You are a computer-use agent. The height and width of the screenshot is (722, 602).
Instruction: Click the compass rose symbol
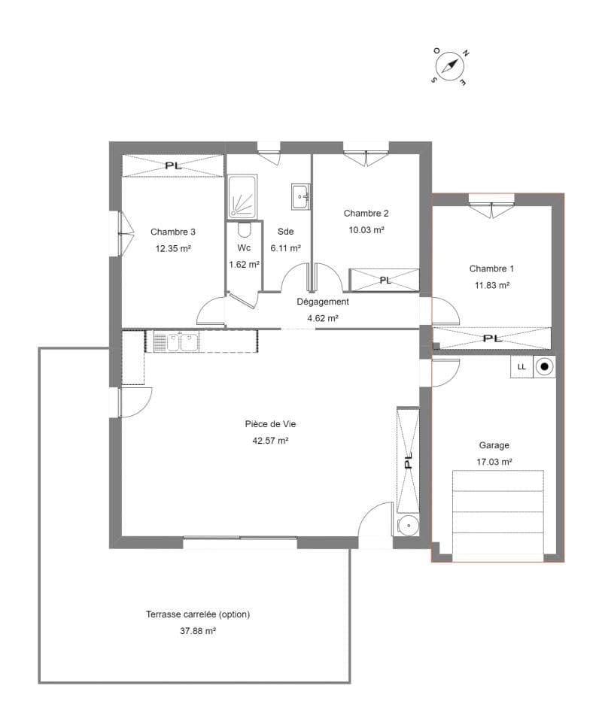pyautogui.click(x=449, y=67)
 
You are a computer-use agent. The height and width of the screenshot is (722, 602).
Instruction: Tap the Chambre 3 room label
pyautogui.click(x=173, y=232)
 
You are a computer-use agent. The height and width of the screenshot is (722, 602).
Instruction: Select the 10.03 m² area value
pyautogui.click(x=366, y=230)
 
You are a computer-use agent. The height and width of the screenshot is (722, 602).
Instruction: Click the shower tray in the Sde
pyautogui.click(x=242, y=196)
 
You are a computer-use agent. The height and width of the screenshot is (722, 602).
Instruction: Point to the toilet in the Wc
pyautogui.click(x=244, y=229)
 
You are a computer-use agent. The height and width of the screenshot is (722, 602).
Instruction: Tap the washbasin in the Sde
pyautogui.click(x=299, y=196)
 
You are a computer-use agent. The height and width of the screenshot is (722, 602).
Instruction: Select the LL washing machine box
pyautogui.click(x=521, y=367)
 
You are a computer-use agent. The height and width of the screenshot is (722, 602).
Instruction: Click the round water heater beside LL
pyautogui.click(x=544, y=367)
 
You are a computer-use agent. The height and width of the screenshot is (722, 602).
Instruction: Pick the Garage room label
pyautogui.click(x=494, y=445)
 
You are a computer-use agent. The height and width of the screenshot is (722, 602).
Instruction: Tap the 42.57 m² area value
pyautogui.click(x=270, y=441)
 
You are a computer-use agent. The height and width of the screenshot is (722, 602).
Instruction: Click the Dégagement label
pyautogui.click(x=323, y=302)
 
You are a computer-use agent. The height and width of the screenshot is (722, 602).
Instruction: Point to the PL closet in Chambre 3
pyautogui.click(x=173, y=165)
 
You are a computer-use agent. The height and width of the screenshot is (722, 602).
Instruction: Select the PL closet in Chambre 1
pyautogui.click(x=492, y=338)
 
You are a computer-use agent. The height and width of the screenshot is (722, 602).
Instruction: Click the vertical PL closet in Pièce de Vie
pyautogui.click(x=408, y=460)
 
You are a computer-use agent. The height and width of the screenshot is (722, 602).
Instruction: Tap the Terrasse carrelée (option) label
pyautogui.click(x=198, y=614)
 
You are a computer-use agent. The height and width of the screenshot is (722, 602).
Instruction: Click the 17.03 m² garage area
pyautogui.click(x=494, y=462)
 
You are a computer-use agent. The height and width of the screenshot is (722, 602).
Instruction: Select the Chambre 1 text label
pyautogui.click(x=492, y=268)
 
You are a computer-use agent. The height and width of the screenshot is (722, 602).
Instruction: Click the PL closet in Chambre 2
pyautogui.click(x=385, y=280)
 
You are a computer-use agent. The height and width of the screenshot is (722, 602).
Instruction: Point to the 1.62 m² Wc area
pyautogui.click(x=244, y=265)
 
